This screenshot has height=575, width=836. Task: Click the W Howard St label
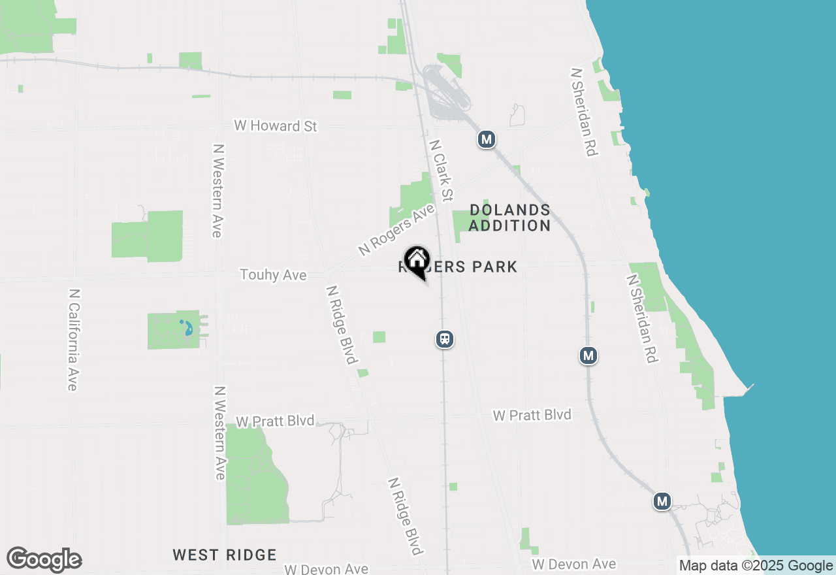point(276,125)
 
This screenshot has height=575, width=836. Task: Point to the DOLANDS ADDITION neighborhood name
point(509,218)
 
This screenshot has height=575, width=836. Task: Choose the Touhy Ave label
point(273,275)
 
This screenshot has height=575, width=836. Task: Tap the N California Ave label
point(73,340)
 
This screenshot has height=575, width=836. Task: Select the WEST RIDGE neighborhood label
point(225,555)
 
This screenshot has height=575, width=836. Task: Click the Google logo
point(44,560)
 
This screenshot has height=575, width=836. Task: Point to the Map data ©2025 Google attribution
point(756,566)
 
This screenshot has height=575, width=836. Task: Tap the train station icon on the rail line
point(445,339)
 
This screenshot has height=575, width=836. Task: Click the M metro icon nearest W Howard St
point(486,139)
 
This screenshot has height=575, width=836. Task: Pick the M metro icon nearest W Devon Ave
point(662,501)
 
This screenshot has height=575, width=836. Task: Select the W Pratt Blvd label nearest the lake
point(532,415)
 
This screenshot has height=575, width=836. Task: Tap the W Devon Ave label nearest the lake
point(573,564)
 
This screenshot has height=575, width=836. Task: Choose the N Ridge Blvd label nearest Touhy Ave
point(342,325)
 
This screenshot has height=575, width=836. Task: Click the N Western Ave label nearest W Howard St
point(218,191)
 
